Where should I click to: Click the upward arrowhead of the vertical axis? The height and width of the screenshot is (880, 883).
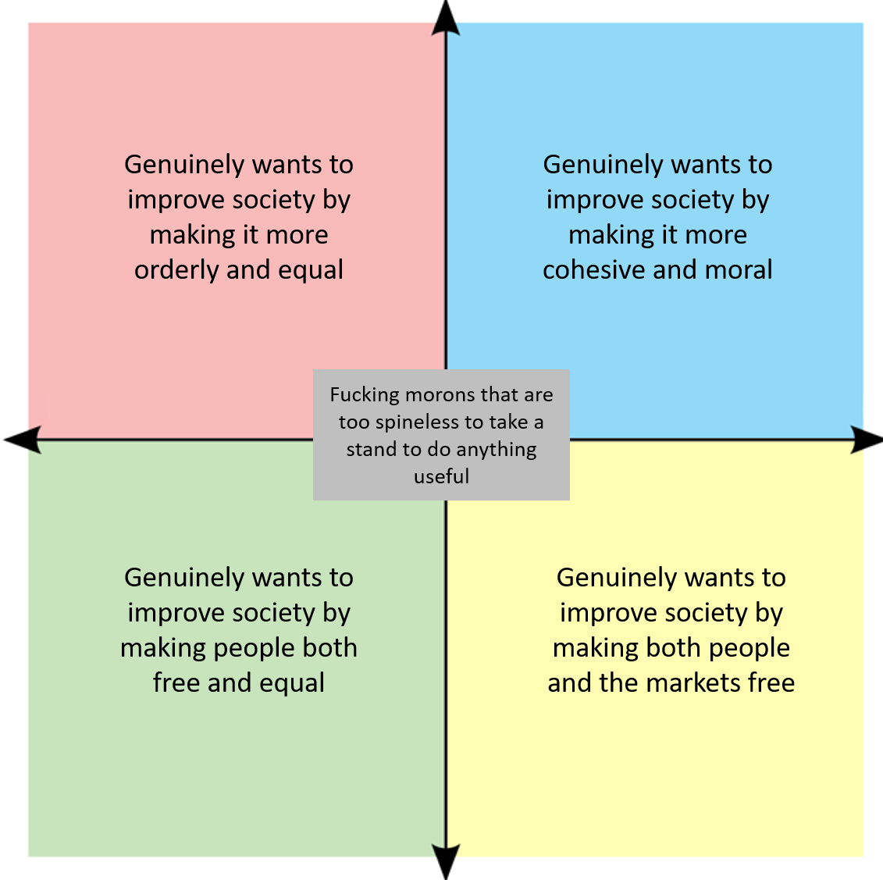(x=446, y=17)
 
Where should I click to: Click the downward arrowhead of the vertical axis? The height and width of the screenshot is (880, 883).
(x=446, y=862)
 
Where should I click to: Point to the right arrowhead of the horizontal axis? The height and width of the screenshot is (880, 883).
(x=866, y=440)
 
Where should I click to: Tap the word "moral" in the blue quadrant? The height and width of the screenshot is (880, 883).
(x=739, y=270)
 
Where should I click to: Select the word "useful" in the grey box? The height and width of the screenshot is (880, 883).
(x=441, y=476)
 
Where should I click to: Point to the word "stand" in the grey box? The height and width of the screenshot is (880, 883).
(x=372, y=450)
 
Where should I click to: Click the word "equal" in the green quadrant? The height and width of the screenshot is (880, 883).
(x=292, y=683)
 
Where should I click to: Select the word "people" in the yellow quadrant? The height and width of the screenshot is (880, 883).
(x=747, y=648)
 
